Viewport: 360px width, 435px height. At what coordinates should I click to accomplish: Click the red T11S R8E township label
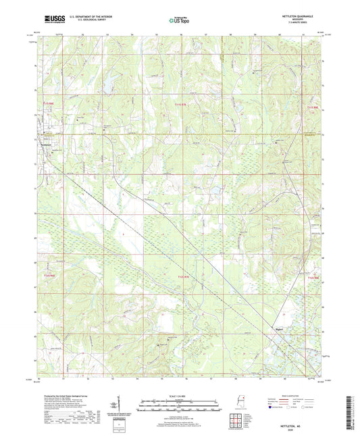pyautogui.click(x=311, y=106)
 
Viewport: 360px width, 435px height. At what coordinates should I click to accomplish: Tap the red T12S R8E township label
pyautogui.click(x=311, y=277)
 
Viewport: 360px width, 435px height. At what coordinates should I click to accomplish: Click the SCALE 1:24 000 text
pyautogui.click(x=179, y=395)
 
